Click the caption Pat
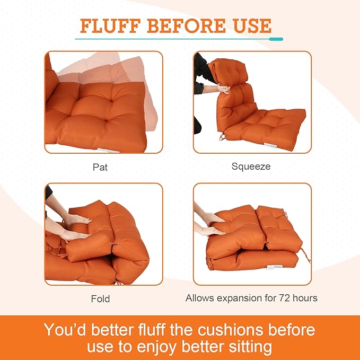click(100, 166)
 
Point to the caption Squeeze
click(251, 166)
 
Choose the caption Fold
click(100, 298)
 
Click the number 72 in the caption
click(280, 298)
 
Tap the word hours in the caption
click(304, 298)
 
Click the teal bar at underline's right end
click(276, 39)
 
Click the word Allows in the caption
click(200, 298)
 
